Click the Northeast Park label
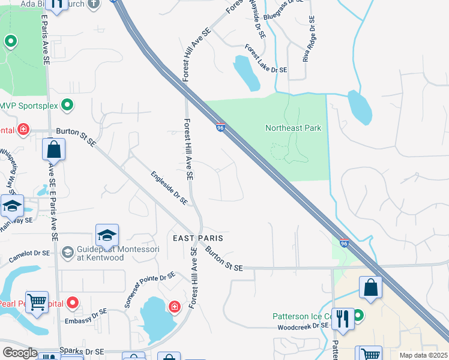[293, 128]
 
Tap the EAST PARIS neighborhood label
[194, 238]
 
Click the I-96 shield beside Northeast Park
[220, 128]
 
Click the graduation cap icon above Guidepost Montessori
[107, 235]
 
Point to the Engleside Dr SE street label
[169, 187]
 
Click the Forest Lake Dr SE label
[266, 59]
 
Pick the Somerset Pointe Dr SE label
[149, 289]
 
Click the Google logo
[19, 353]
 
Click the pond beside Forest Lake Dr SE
[246, 73]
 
